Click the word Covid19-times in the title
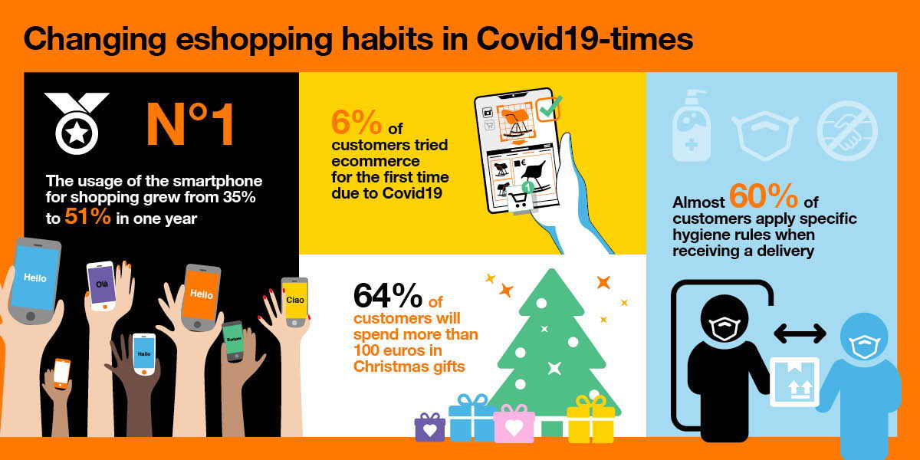pyautogui.click(x=584, y=39)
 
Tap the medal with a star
pyautogui.click(x=77, y=123)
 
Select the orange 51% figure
pyautogui.click(x=87, y=216)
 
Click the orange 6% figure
pyautogui.click(x=356, y=122)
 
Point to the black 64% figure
pyautogui.click(x=388, y=295)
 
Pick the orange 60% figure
pyautogui.click(x=764, y=196)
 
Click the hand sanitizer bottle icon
pyautogui.click(x=691, y=125)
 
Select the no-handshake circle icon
pyautogui.click(x=847, y=131)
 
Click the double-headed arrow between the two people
pyautogui.click(x=800, y=333)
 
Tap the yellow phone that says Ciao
pyautogui.click(x=294, y=302)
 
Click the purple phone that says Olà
pyautogui.click(x=101, y=286)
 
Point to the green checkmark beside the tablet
pyautogui.click(x=550, y=107)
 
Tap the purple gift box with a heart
pyautogui.click(x=429, y=428)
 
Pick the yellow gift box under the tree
pyautogui.click(x=590, y=420)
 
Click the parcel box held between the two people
pyautogui.click(x=794, y=382)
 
